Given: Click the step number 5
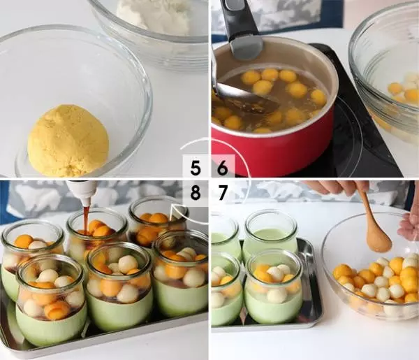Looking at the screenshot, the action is click(x=196, y=168).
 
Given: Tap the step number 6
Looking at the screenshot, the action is click(x=222, y=168).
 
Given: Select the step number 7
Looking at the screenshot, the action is click(x=222, y=192).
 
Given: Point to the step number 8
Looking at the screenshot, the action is click(x=196, y=192).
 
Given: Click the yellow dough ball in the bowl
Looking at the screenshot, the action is click(x=68, y=141).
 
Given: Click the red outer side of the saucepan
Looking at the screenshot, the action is click(x=272, y=150).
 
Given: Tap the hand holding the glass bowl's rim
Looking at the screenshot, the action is click(x=409, y=227).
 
